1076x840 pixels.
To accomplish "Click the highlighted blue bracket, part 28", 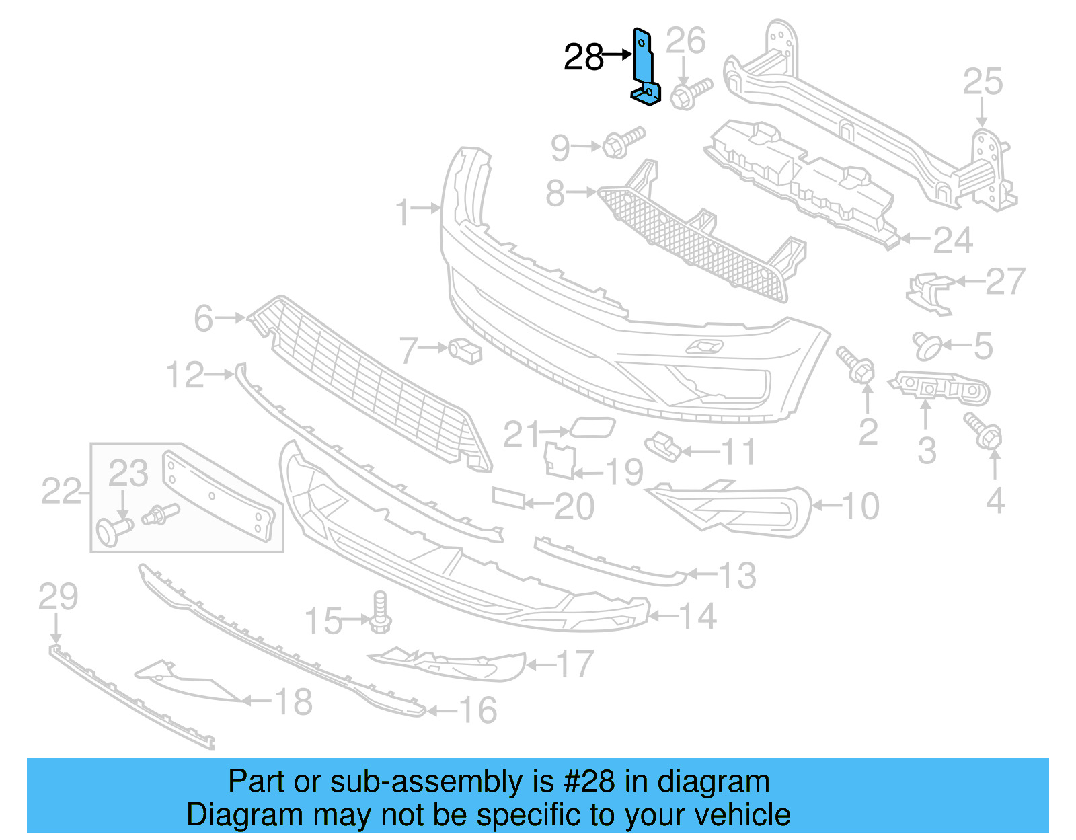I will [x=644, y=67].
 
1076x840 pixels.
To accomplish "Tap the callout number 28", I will [x=583, y=57].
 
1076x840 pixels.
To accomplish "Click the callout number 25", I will [x=983, y=82].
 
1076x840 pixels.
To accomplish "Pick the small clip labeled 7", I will [x=465, y=350].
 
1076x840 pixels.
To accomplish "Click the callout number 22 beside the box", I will [x=61, y=491].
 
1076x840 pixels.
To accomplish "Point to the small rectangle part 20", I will [x=508, y=498].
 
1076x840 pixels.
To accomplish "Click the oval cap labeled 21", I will [x=592, y=427].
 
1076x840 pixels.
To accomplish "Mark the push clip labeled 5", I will [x=927, y=346].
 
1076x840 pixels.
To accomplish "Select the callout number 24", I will [x=953, y=240].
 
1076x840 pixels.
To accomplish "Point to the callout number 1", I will [x=403, y=213].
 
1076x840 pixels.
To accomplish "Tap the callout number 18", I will [x=293, y=702].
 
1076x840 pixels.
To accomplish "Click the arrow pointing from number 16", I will [x=441, y=710].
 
